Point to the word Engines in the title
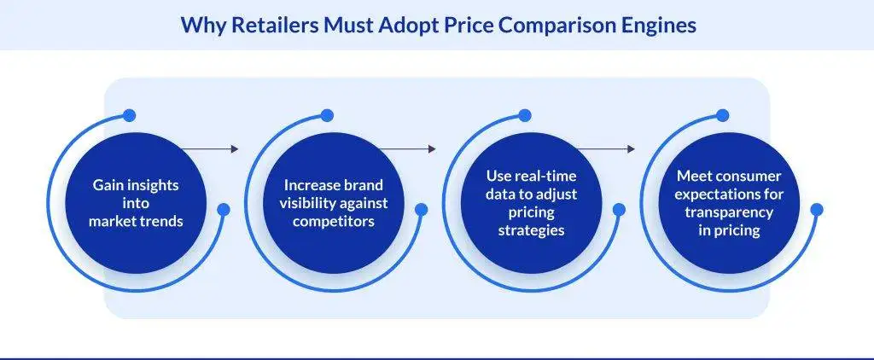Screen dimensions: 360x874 point(660,26)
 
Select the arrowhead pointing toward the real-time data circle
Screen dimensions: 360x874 point(433,149)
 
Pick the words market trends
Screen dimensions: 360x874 point(137,220)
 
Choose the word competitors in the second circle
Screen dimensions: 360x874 point(335,220)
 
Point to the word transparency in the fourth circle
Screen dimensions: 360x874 point(731,212)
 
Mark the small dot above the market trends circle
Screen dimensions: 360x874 point(129,114)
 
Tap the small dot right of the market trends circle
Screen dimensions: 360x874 point(223,209)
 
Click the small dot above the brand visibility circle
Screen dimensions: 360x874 point(328,114)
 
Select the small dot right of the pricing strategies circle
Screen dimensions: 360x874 point(619,209)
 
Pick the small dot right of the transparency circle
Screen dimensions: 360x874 point(817,209)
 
